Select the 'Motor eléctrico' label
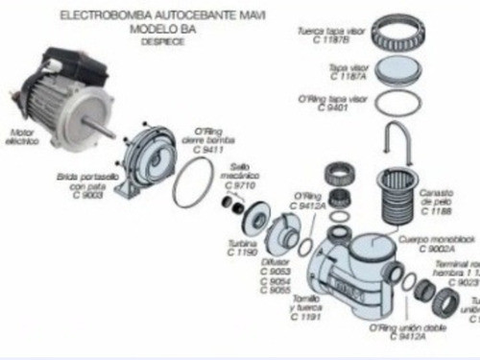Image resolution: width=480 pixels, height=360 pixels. click(x=21, y=136)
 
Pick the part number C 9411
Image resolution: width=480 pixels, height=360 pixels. click(x=208, y=151)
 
